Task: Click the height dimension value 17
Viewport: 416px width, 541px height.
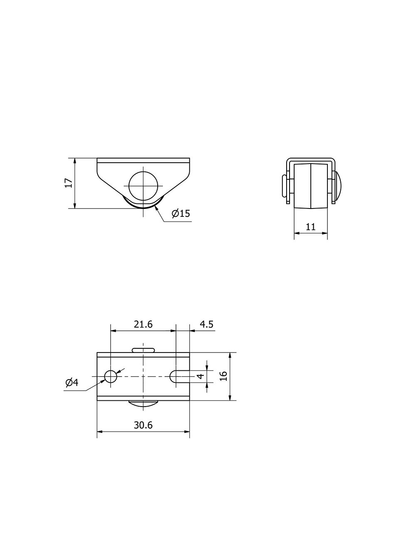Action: [x=69, y=183]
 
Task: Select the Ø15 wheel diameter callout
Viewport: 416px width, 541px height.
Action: [x=181, y=213]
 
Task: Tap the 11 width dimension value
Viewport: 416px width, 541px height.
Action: [x=310, y=227]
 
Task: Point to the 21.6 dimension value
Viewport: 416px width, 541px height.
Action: [x=143, y=325]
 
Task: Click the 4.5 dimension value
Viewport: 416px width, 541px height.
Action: [x=206, y=325]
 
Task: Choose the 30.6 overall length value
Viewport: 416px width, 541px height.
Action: [x=143, y=425]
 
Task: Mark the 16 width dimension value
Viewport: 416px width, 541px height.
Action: [x=224, y=376]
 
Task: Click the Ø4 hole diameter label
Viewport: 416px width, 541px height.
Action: [x=72, y=382]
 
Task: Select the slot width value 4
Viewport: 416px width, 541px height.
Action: [x=201, y=376]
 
